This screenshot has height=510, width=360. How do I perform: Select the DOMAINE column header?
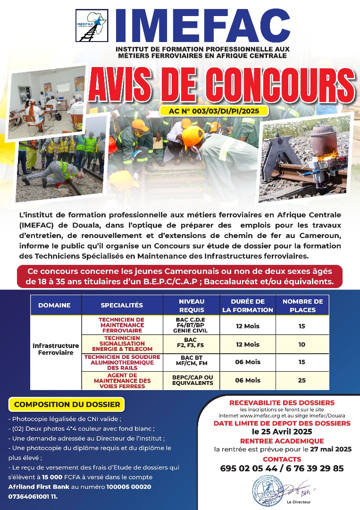(54, 305)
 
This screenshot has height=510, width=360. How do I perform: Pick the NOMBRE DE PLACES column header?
(302, 305)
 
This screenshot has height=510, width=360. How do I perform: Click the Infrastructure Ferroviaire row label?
(56, 349)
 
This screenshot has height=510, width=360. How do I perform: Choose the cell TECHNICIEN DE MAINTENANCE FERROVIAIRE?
(122, 325)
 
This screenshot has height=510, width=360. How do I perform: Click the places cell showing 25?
(302, 380)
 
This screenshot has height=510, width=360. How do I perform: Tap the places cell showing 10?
(302, 344)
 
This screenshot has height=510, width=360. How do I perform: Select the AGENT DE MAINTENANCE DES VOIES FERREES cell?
(122, 380)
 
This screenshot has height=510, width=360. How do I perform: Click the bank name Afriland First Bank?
(32, 486)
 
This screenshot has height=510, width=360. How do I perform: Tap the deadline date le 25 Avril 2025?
(282, 432)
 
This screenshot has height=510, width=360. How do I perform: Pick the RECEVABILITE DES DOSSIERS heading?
(282, 403)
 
